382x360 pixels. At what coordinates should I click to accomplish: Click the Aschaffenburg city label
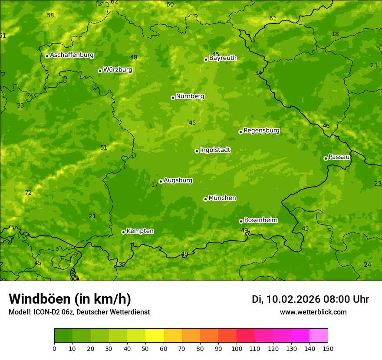pos(72,55)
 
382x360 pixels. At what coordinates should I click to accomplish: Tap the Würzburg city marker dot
pos(100,71)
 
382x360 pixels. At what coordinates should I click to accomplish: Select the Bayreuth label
pos(223,58)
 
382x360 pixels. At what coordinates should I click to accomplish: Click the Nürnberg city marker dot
pos(173,98)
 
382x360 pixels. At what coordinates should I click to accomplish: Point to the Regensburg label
pos(261,131)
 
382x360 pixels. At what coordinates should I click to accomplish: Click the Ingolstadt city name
pos(215,150)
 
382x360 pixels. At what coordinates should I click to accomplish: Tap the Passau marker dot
pos(326,158)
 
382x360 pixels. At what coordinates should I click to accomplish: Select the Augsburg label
pos(178,180)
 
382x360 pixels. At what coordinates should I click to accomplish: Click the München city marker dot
pos(205,199)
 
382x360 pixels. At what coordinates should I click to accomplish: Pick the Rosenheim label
pos(260,220)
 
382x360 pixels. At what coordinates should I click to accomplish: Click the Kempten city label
pos(140,231)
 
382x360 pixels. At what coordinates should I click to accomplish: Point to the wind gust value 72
pos(28,193)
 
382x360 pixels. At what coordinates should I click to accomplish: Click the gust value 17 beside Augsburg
pos(155,185)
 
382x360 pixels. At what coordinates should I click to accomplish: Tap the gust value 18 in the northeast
pos(335,34)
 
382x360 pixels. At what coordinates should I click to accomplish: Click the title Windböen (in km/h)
pos(70,299)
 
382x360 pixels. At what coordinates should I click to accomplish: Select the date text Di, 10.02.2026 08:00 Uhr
pos(310,299)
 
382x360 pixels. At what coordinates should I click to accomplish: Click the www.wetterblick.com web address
pos(313,312)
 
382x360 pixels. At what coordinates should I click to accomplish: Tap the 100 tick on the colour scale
pos(237,348)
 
